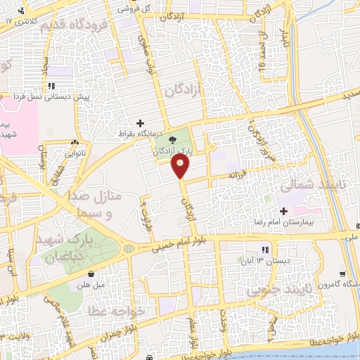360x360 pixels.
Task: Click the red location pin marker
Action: (x=181, y=166)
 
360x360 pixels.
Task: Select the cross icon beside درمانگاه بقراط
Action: (x=140, y=123)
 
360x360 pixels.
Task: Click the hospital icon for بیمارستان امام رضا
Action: (x=284, y=211)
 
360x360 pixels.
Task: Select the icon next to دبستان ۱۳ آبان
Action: (x=265, y=250)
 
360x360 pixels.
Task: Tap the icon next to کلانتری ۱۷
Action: (x=23, y=11)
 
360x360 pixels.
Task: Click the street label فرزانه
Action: (x=234, y=174)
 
